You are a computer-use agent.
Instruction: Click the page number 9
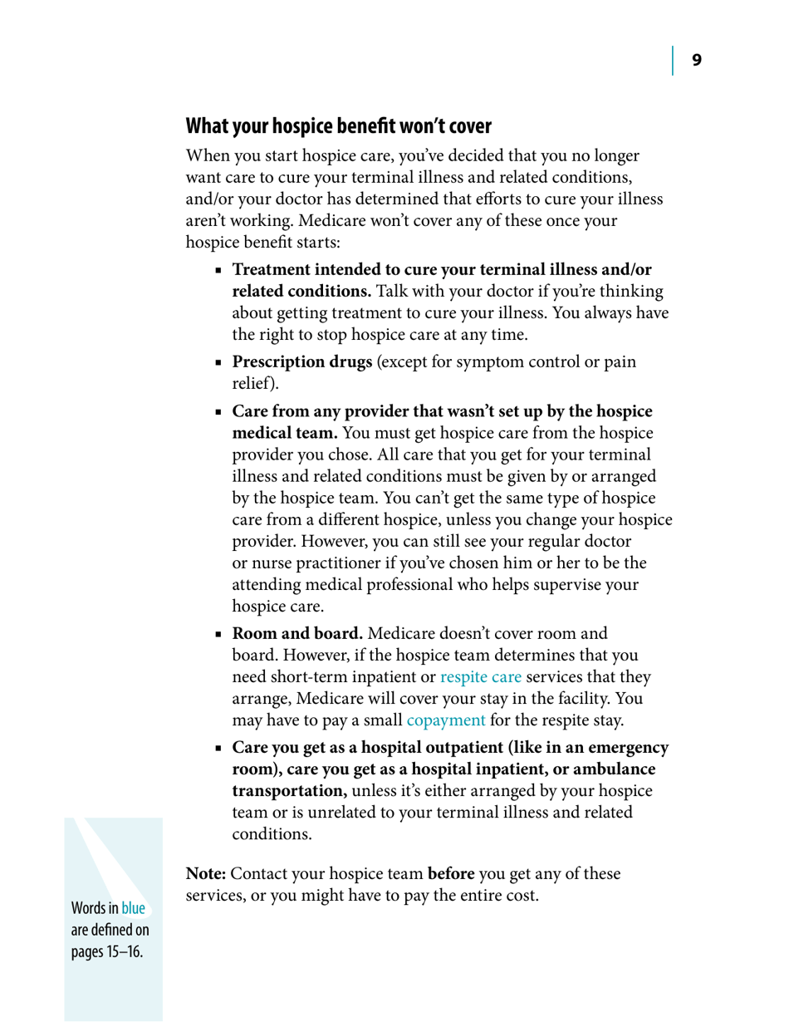click(697, 60)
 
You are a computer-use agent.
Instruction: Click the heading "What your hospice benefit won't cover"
click(338, 127)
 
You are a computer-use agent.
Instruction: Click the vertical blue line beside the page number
click(674, 60)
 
